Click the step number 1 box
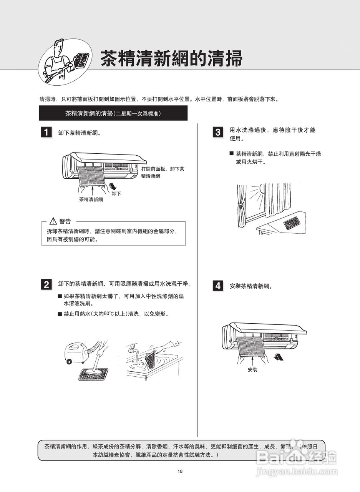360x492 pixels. click(46, 133)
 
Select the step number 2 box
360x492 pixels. click(46, 284)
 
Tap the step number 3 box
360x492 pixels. click(218, 133)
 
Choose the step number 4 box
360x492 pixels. click(218, 286)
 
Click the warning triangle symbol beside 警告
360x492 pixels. click(53, 221)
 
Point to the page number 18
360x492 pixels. click(180, 472)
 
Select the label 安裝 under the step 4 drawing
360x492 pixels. click(252, 369)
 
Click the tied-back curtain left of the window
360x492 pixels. click(241, 208)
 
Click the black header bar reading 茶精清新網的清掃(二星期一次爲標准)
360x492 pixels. click(113, 113)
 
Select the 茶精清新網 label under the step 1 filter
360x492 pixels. click(91, 199)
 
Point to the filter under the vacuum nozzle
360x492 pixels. click(93, 373)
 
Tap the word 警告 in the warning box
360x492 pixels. click(65, 221)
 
